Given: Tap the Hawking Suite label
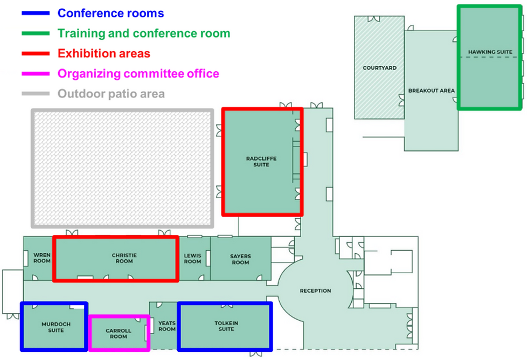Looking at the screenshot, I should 490,52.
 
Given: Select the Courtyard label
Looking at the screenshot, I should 379,68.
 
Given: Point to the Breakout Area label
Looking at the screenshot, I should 431,91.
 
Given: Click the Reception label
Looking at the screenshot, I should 315,291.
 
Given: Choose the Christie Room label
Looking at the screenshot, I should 124,258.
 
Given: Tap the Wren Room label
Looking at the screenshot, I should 42,258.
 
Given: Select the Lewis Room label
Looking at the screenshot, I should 192,258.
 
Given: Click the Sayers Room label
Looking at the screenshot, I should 240,259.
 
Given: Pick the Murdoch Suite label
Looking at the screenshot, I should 53,327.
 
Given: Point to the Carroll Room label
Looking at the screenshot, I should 119,334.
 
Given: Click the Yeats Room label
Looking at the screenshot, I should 167,326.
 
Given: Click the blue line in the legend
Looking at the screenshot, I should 36,13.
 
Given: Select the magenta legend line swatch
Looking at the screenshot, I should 36,74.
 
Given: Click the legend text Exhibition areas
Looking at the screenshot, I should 103,53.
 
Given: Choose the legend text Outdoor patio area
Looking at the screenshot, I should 111,94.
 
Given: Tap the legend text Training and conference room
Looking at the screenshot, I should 144,33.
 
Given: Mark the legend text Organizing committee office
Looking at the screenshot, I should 138,74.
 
